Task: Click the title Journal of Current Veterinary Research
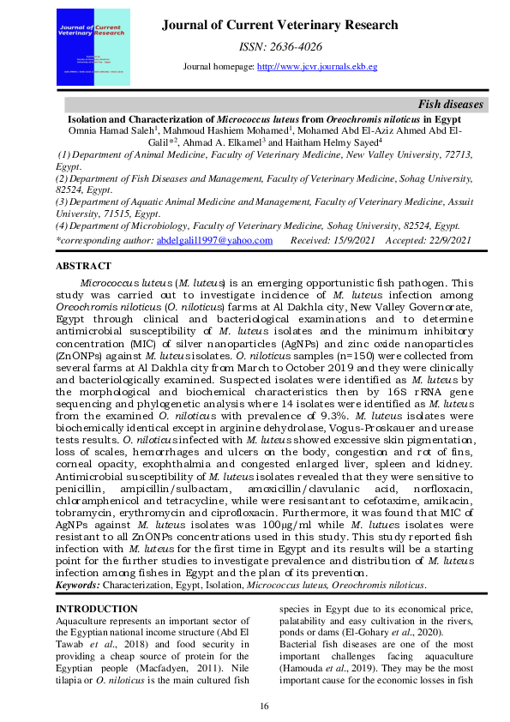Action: tap(279, 25)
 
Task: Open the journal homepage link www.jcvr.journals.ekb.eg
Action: tap(317, 67)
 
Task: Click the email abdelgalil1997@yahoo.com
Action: tap(214, 241)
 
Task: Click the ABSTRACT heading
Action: tap(83, 267)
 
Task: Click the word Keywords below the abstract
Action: tap(77, 585)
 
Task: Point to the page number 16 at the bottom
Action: tap(265, 706)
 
